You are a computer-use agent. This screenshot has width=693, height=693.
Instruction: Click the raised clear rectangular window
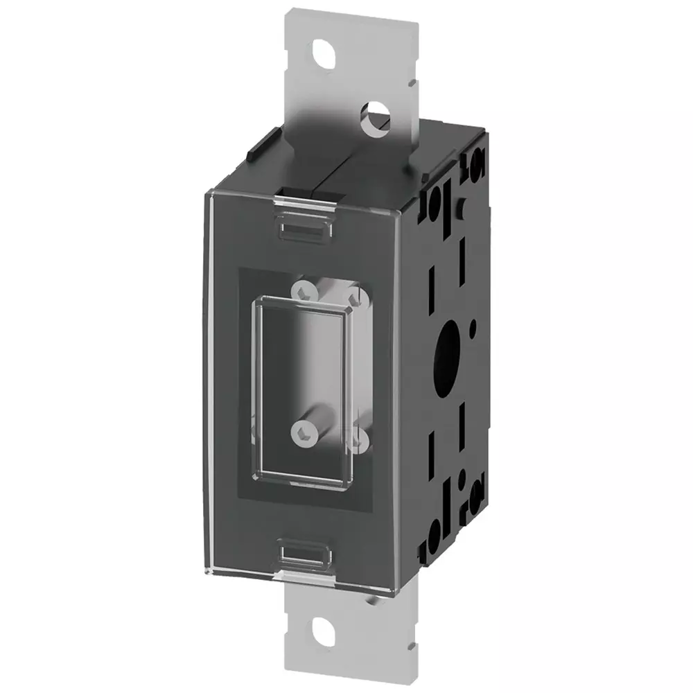[304, 385]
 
